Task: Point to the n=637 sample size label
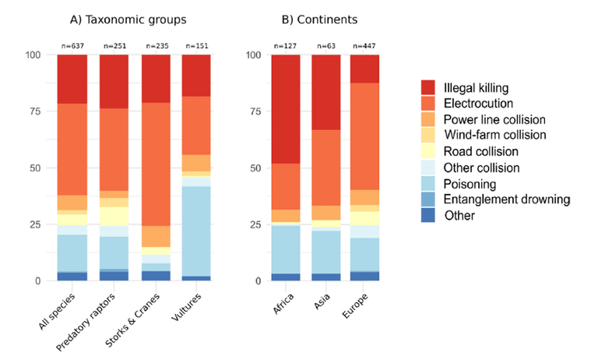tap(72, 45)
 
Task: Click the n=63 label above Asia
tap(327, 45)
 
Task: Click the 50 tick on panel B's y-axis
tap(252, 168)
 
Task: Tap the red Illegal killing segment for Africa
tap(285, 108)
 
